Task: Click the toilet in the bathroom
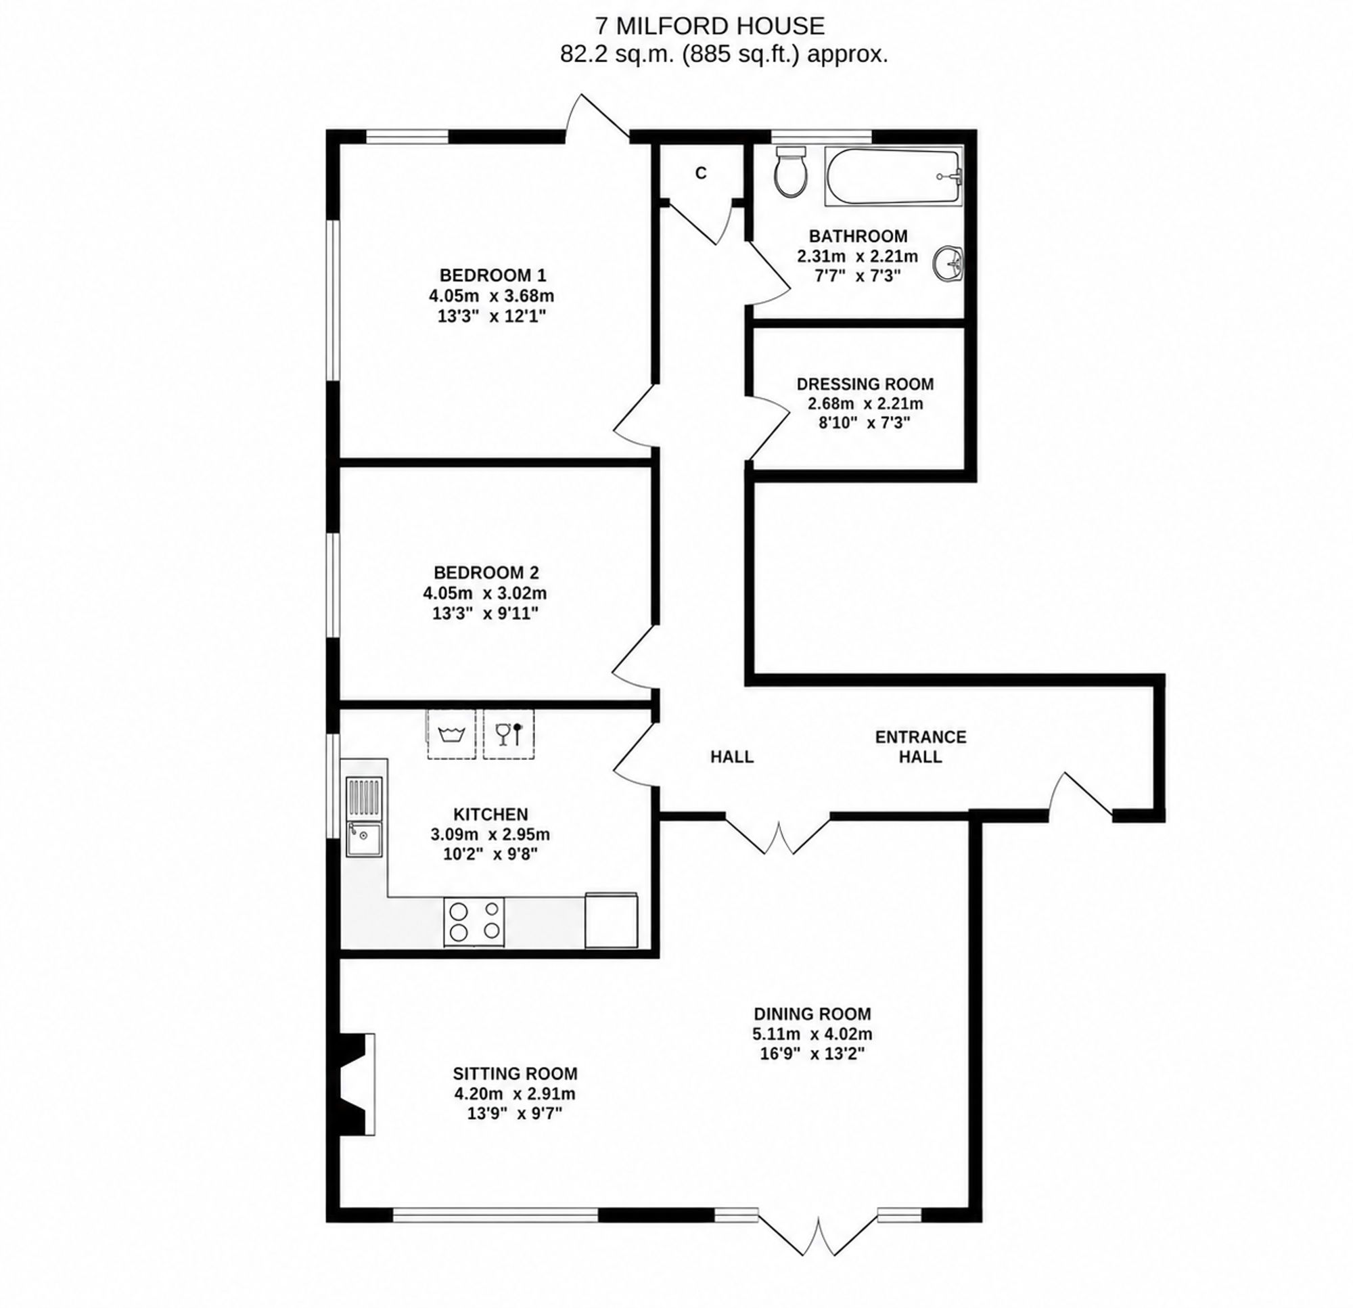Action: coord(791,171)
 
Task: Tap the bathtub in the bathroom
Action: coord(893,176)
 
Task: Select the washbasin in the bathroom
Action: coord(948,263)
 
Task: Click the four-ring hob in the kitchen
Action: coord(474,921)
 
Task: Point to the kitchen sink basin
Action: coord(364,839)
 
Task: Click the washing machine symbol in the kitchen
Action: coord(451,734)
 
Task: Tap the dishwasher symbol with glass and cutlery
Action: coord(509,734)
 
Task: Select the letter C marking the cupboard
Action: coord(701,173)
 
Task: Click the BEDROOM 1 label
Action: coord(493,275)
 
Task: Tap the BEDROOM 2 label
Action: coord(486,572)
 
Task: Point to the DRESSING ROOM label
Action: coord(865,384)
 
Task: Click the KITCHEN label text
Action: coord(491,814)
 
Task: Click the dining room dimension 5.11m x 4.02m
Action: coord(812,1034)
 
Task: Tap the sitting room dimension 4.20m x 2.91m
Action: coord(515,1094)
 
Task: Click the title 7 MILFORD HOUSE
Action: coord(710,26)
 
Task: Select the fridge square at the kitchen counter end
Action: coord(611,920)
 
